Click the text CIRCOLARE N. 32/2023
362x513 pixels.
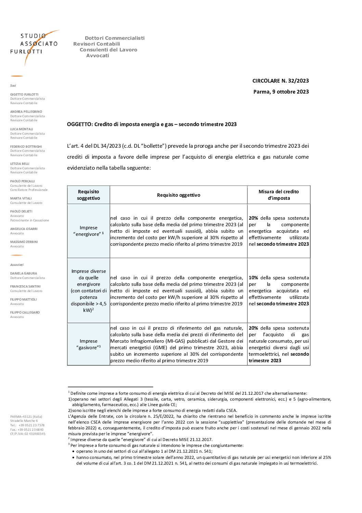tap(280, 81)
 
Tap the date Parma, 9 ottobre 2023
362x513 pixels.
tap(281, 92)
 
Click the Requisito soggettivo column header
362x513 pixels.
tap(88, 195)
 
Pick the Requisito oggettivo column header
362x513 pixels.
tap(178, 195)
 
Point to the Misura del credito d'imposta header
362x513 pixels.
tap(279, 195)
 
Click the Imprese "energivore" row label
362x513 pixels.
tap(88, 231)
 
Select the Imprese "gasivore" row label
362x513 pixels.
tap(88, 344)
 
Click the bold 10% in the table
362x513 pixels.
tap(253, 278)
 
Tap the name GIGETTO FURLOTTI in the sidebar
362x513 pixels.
tap(24, 95)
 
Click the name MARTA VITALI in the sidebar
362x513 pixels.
tap(21, 198)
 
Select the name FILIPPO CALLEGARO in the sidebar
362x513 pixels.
tap(25, 313)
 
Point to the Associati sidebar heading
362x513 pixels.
tap(17, 265)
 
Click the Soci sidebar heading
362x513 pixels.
tap(13, 86)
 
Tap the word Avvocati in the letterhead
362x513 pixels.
tap(98, 56)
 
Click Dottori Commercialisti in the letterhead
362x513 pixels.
tap(115, 38)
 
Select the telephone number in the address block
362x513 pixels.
tap(31, 425)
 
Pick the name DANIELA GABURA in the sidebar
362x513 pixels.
tap(24, 273)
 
